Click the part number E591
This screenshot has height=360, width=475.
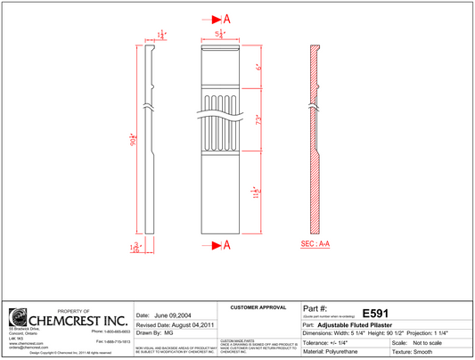[375, 314]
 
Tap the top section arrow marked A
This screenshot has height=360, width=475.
[220, 19]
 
